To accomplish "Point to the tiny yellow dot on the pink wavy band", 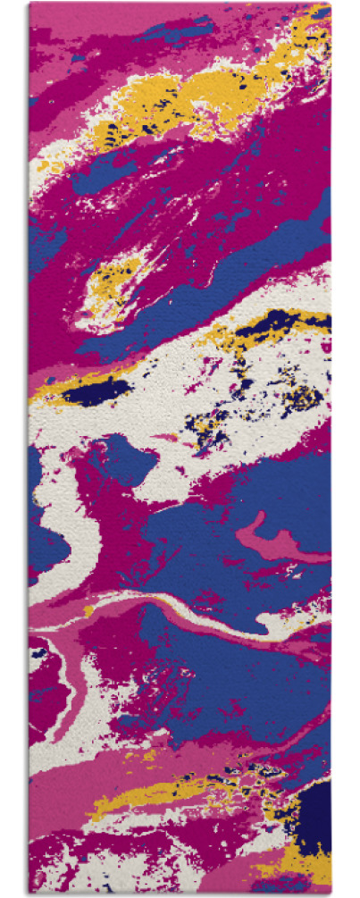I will (x=89, y=611).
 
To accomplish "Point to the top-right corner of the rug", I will (x=331, y=4).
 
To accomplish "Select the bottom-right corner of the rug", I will (x=331, y=894).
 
